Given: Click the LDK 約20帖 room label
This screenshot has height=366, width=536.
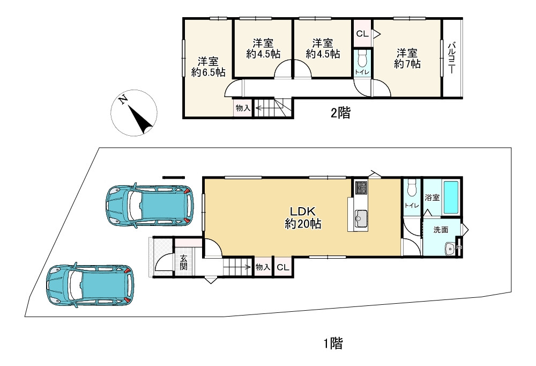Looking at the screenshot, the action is click(303, 217).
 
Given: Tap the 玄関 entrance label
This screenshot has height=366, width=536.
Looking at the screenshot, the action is click(183, 262).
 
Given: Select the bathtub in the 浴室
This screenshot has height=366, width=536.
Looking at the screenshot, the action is click(451, 197).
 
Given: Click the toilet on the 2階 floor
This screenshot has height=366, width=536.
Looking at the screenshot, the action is click(361, 60).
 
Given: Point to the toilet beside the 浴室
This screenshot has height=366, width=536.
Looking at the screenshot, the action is click(412, 188).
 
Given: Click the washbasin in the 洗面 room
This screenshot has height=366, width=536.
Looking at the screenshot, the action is click(450, 248).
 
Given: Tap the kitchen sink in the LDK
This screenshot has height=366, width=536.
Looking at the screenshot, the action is click(361, 217).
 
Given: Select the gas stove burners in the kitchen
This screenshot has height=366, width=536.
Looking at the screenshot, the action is click(361, 187).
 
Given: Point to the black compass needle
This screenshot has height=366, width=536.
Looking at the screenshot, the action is click(141, 120).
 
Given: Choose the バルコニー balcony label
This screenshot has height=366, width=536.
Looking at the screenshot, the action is click(452, 58).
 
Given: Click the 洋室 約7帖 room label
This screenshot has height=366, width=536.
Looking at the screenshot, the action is click(407, 58).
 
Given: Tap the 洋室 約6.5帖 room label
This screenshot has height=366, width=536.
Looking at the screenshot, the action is click(208, 67).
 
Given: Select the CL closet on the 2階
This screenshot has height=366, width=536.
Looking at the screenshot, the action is click(362, 34).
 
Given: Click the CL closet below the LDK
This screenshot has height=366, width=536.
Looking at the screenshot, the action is click(282, 267).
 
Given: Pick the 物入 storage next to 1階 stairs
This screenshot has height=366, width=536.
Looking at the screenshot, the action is click(263, 267).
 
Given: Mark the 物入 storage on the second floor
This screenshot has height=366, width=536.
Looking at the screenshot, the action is click(243, 108).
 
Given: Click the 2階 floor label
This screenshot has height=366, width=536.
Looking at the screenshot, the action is click(340, 113).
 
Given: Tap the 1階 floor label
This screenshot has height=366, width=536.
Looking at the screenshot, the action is click(333, 343).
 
